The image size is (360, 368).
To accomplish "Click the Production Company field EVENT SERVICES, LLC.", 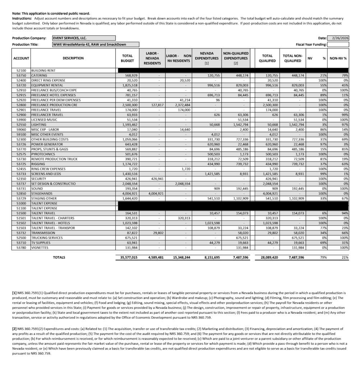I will tap(84, 38).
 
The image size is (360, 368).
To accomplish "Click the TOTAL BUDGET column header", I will tap(127, 58).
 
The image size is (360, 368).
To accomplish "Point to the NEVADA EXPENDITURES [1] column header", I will tap(207, 58).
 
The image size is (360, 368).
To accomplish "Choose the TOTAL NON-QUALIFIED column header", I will tap(292, 58).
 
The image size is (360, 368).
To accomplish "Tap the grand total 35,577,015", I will tap(127, 258).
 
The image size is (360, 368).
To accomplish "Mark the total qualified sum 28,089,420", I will tap(268, 258).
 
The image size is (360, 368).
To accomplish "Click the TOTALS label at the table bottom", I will tap(59, 257).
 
